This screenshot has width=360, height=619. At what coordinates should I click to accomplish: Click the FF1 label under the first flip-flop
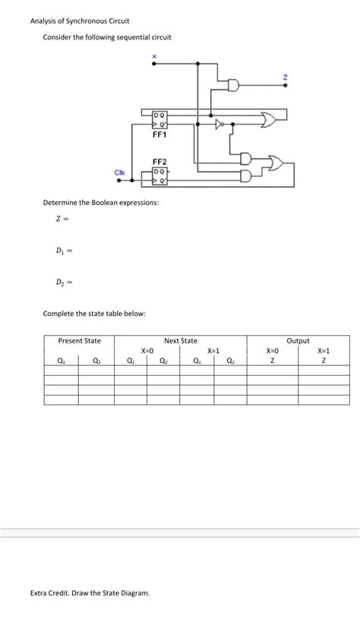(159, 135)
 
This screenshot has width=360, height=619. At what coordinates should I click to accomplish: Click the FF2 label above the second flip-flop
(159, 162)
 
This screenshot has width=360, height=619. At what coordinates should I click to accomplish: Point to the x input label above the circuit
(155, 55)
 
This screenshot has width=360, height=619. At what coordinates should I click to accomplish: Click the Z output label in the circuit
(285, 77)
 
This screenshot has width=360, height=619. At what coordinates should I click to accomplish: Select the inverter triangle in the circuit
(220, 122)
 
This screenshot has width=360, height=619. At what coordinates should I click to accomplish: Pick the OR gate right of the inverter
(267, 118)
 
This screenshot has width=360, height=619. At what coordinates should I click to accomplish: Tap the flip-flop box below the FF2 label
(159, 176)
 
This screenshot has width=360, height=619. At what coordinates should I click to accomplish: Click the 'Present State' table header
(80, 341)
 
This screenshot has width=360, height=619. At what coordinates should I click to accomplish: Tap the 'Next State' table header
(181, 341)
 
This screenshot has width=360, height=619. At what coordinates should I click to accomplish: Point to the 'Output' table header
(298, 341)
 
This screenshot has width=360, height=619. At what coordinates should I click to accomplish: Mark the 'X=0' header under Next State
(147, 351)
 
